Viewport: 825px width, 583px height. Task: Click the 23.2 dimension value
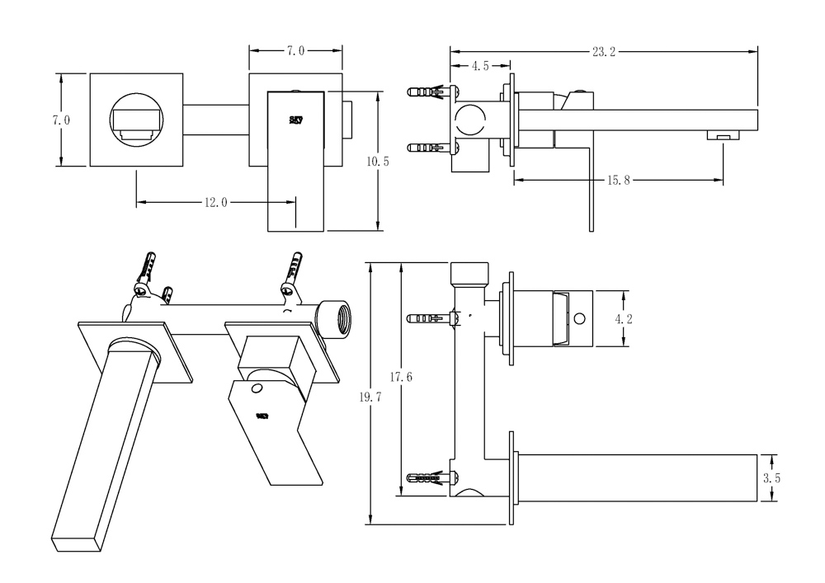tap(603, 51)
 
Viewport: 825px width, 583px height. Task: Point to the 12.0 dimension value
tap(215, 202)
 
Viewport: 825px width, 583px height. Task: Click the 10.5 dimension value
tap(377, 162)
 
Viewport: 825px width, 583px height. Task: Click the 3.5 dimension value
tap(772, 478)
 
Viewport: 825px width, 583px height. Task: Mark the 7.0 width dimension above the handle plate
tap(295, 51)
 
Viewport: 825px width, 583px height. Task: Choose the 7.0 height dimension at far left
tap(60, 120)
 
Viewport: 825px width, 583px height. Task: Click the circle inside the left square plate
tap(135, 120)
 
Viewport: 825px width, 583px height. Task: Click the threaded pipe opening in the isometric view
tap(335, 317)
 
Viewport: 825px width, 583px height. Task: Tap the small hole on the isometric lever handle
tap(257, 388)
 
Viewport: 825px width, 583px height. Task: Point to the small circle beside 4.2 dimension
tap(580, 317)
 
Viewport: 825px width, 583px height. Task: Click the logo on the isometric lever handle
tap(262, 417)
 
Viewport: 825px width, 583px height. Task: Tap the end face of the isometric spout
tap(76, 543)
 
